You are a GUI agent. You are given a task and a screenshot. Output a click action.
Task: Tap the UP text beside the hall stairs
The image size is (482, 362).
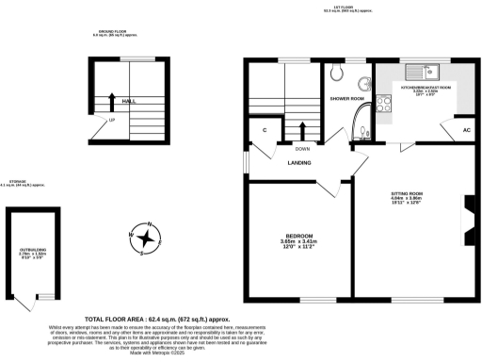112,121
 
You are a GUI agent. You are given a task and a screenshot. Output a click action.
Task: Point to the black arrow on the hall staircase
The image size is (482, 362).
112,99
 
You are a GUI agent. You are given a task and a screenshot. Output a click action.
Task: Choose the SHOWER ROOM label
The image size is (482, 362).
346,98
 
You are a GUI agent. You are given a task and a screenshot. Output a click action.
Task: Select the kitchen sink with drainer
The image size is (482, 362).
425,70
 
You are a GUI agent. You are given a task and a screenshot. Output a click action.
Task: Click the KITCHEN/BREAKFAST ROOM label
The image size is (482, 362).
426,87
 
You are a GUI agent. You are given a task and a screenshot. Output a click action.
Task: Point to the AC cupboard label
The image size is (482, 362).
466,129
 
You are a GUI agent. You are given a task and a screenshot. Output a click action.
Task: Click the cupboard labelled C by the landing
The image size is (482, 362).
265,129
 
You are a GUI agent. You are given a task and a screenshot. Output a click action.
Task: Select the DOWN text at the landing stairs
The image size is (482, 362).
302,148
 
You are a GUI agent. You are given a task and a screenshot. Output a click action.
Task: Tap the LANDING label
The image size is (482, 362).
301,162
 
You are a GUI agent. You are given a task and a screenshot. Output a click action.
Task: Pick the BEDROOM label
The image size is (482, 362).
298,235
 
